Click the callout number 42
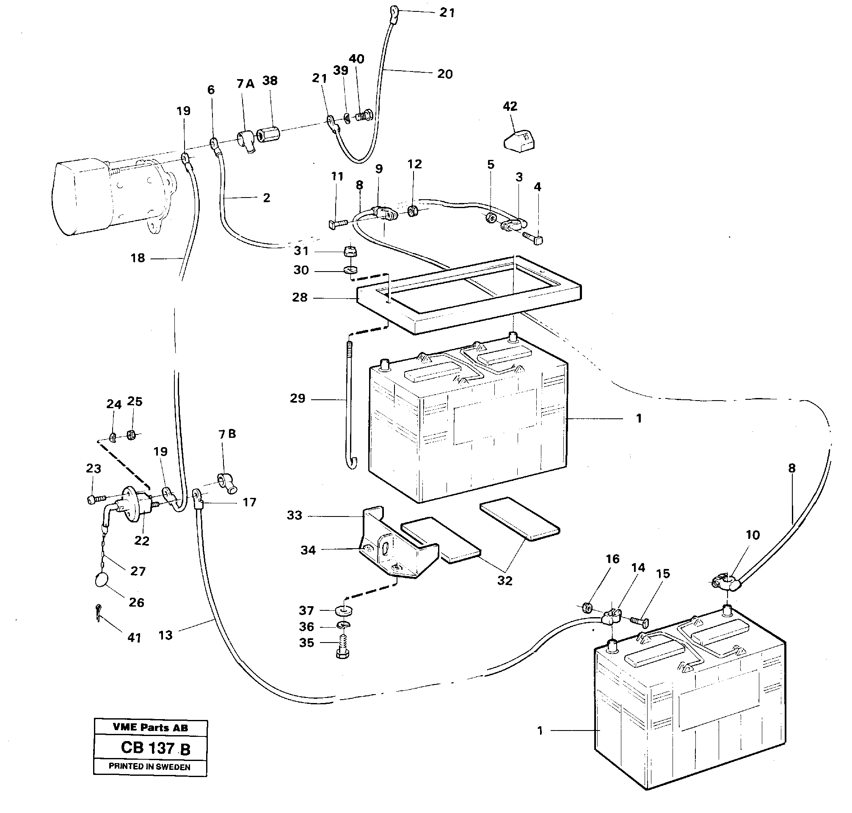[510, 106]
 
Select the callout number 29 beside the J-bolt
[298, 398]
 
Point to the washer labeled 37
[344, 610]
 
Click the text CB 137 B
[155, 748]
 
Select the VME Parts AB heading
[150, 728]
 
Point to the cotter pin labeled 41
[99, 612]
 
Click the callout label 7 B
[227, 434]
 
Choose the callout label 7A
[245, 84]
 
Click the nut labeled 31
[350, 251]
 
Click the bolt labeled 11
[338, 224]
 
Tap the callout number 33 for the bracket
[295, 515]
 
